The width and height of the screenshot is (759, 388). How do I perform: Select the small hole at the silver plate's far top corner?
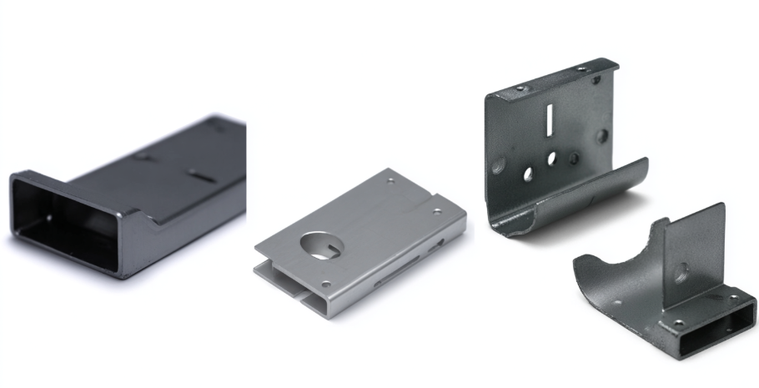(x=390, y=179)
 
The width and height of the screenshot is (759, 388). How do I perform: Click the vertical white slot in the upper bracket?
(x=550, y=118)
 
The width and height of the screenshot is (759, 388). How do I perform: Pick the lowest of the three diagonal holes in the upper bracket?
(x=528, y=174)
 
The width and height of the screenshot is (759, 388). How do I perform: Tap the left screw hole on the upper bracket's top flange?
(x=520, y=88)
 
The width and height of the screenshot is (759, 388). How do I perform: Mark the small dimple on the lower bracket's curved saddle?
(x=618, y=303)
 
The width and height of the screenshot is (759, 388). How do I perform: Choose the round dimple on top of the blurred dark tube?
(x=142, y=156)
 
